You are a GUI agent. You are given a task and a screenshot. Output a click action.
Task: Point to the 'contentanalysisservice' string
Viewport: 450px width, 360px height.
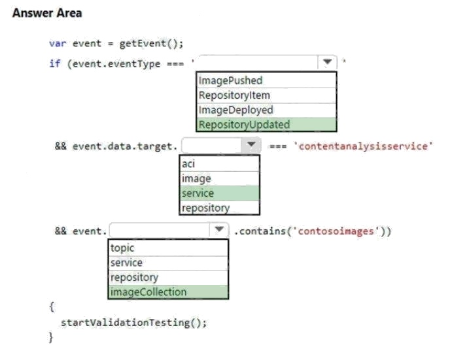tap(364, 146)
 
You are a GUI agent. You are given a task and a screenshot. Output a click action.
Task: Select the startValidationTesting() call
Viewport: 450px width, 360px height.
tap(133, 322)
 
